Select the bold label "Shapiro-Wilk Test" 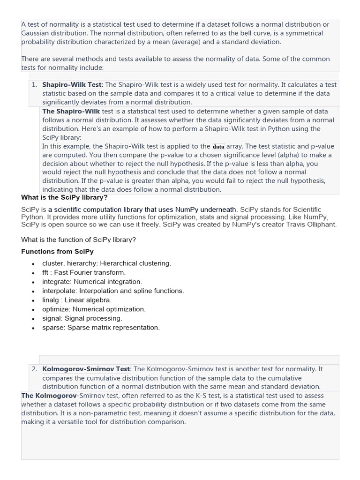click(72, 85)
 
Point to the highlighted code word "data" click(218, 146)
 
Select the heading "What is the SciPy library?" click(64, 197)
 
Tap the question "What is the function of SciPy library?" click(78, 240)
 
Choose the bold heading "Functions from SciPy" click(57, 251)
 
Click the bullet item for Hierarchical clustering click(106, 263)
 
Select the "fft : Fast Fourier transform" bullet click(83, 272)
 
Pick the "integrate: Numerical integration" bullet click(92, 282)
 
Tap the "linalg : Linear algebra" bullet click(77, 300)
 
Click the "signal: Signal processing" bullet click(82, 318)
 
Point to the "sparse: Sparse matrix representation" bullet click(101, 327)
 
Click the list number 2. click(34, 369)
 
